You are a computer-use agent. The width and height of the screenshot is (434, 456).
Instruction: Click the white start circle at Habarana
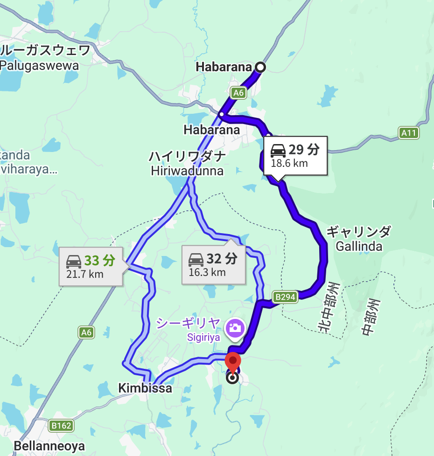click(x=260, y=68)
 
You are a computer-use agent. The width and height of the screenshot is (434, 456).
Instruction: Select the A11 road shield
click(x=409, y=133)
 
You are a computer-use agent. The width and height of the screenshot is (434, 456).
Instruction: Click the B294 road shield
click(x=285, y=297)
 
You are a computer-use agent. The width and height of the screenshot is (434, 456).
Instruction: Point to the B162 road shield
click(x=61, y=425)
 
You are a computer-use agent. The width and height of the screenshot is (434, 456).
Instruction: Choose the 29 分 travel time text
click(x=304, y=150)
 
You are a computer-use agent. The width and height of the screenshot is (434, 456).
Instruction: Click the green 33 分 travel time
click(x=99, y=260)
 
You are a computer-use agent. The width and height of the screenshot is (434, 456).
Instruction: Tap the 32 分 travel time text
click(x=222, y=258)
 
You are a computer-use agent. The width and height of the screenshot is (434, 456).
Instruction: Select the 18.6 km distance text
click(x=289, y=163)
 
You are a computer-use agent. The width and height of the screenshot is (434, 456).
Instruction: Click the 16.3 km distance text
click(x=207, y=272)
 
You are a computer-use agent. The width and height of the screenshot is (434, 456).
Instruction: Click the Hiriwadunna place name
click(x=187, y=171)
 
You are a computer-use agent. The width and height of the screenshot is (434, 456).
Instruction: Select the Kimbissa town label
click(x=145, y=388)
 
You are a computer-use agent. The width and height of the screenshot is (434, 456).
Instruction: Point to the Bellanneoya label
click(x=49, y=446)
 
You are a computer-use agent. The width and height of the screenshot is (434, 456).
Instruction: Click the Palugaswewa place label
click(x=39, y=65)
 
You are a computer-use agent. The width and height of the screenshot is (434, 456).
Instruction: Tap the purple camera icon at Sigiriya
click(x=234, y=328)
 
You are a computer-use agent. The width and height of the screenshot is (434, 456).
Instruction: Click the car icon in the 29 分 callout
click(x=278, y=150)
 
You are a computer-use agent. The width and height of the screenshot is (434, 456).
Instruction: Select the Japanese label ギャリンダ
click(x=358, y=232)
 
